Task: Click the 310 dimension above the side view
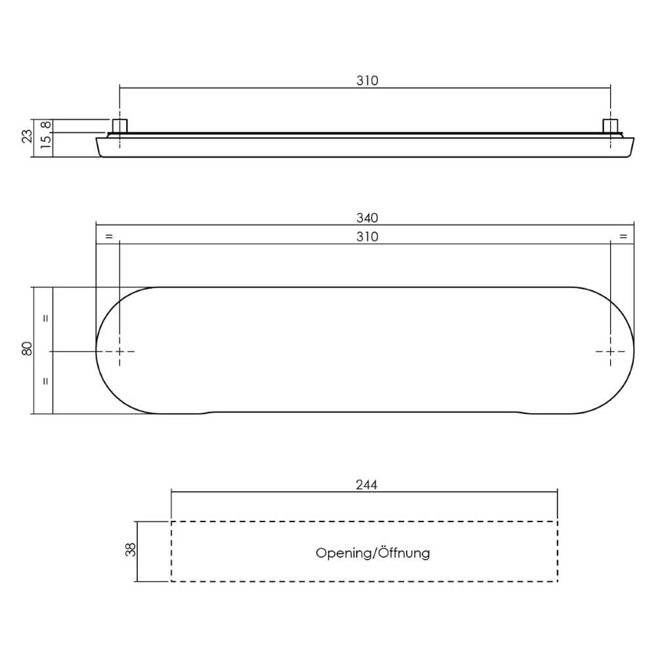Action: coord(367,81)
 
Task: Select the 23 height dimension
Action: coord(27,136)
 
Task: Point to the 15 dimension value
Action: coord(45,143)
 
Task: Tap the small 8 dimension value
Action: coord(45,125)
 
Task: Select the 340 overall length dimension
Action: coord(367,218)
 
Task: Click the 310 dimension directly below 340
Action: coord(367,237)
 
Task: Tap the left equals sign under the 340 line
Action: coord(109,236)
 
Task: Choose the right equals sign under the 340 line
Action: coord(623,236)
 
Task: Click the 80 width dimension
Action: coord(27,350)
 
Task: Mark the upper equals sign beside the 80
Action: coord(45,318)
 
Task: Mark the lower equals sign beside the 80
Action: coord(45,381)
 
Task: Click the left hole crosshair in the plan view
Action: coord(119,352)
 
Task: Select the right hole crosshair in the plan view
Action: coord(611,352)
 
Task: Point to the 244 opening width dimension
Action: coord(367,485)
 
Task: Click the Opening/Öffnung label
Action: coord(373,553)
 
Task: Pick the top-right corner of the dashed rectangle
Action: coord(557,522)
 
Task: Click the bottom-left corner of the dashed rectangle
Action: coord(171,581)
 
